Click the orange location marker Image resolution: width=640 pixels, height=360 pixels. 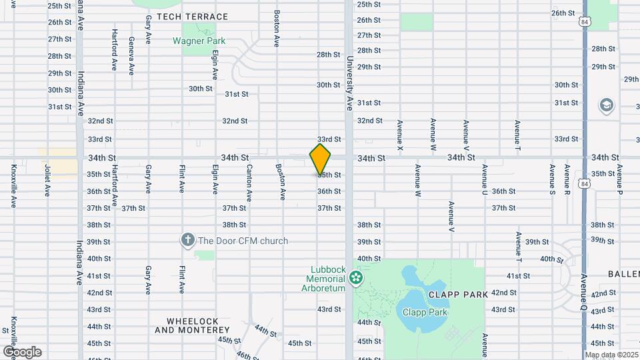tap(320, 159)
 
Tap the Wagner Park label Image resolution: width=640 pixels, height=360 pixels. tap(199, 41)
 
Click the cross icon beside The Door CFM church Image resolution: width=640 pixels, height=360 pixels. tap(188, 240)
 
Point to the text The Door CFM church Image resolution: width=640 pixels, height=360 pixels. tap(243, 241)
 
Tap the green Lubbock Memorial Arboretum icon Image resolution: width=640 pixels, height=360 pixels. tap(357, 276)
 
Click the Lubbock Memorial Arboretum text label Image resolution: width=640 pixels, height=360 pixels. tap(326, 279)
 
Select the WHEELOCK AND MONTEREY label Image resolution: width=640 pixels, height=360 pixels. tap(193, 325)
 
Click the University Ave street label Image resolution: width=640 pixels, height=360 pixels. tap(349, 83)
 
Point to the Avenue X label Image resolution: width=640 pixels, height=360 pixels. tap(400, 133)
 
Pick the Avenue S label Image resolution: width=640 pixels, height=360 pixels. tap(552, 179)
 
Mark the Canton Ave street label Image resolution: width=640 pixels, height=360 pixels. tap(249, 183)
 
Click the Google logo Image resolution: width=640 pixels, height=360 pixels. tap(22, 351)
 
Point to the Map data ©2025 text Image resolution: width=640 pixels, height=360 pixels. tap(611, 355)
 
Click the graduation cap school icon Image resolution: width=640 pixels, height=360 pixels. tap(606, 105)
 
